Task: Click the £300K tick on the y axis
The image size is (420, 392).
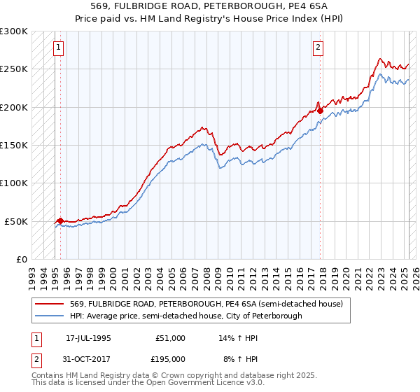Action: [14, 31]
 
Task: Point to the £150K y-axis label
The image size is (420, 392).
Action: [14, 146]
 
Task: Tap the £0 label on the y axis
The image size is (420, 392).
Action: [22, 259]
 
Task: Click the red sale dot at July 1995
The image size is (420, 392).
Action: [60, 220]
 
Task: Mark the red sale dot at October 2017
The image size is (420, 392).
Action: [320, 111]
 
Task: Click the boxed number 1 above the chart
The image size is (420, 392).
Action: [57, 48]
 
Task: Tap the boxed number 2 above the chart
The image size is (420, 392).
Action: [318, 48]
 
